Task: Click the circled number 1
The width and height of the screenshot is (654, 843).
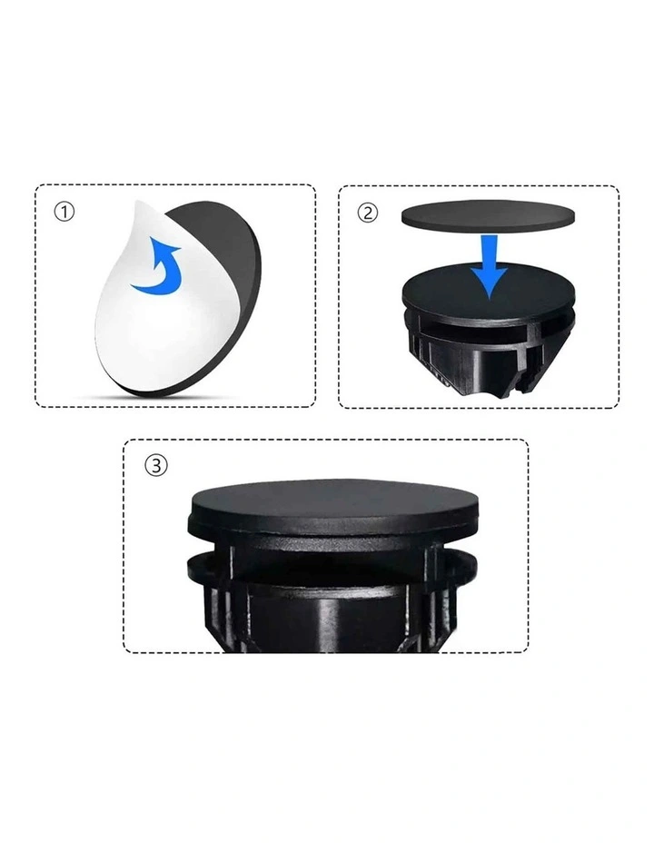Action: click(64, 212)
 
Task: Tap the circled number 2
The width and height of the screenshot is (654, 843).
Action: click(368, 213)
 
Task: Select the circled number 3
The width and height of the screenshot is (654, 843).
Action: click(156, 465)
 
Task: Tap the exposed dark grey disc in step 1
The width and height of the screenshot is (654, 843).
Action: click(231, 280)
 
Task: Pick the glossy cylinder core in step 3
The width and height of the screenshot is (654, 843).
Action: click(333, 619)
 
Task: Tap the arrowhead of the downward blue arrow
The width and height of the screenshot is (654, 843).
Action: click(489, 283)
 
